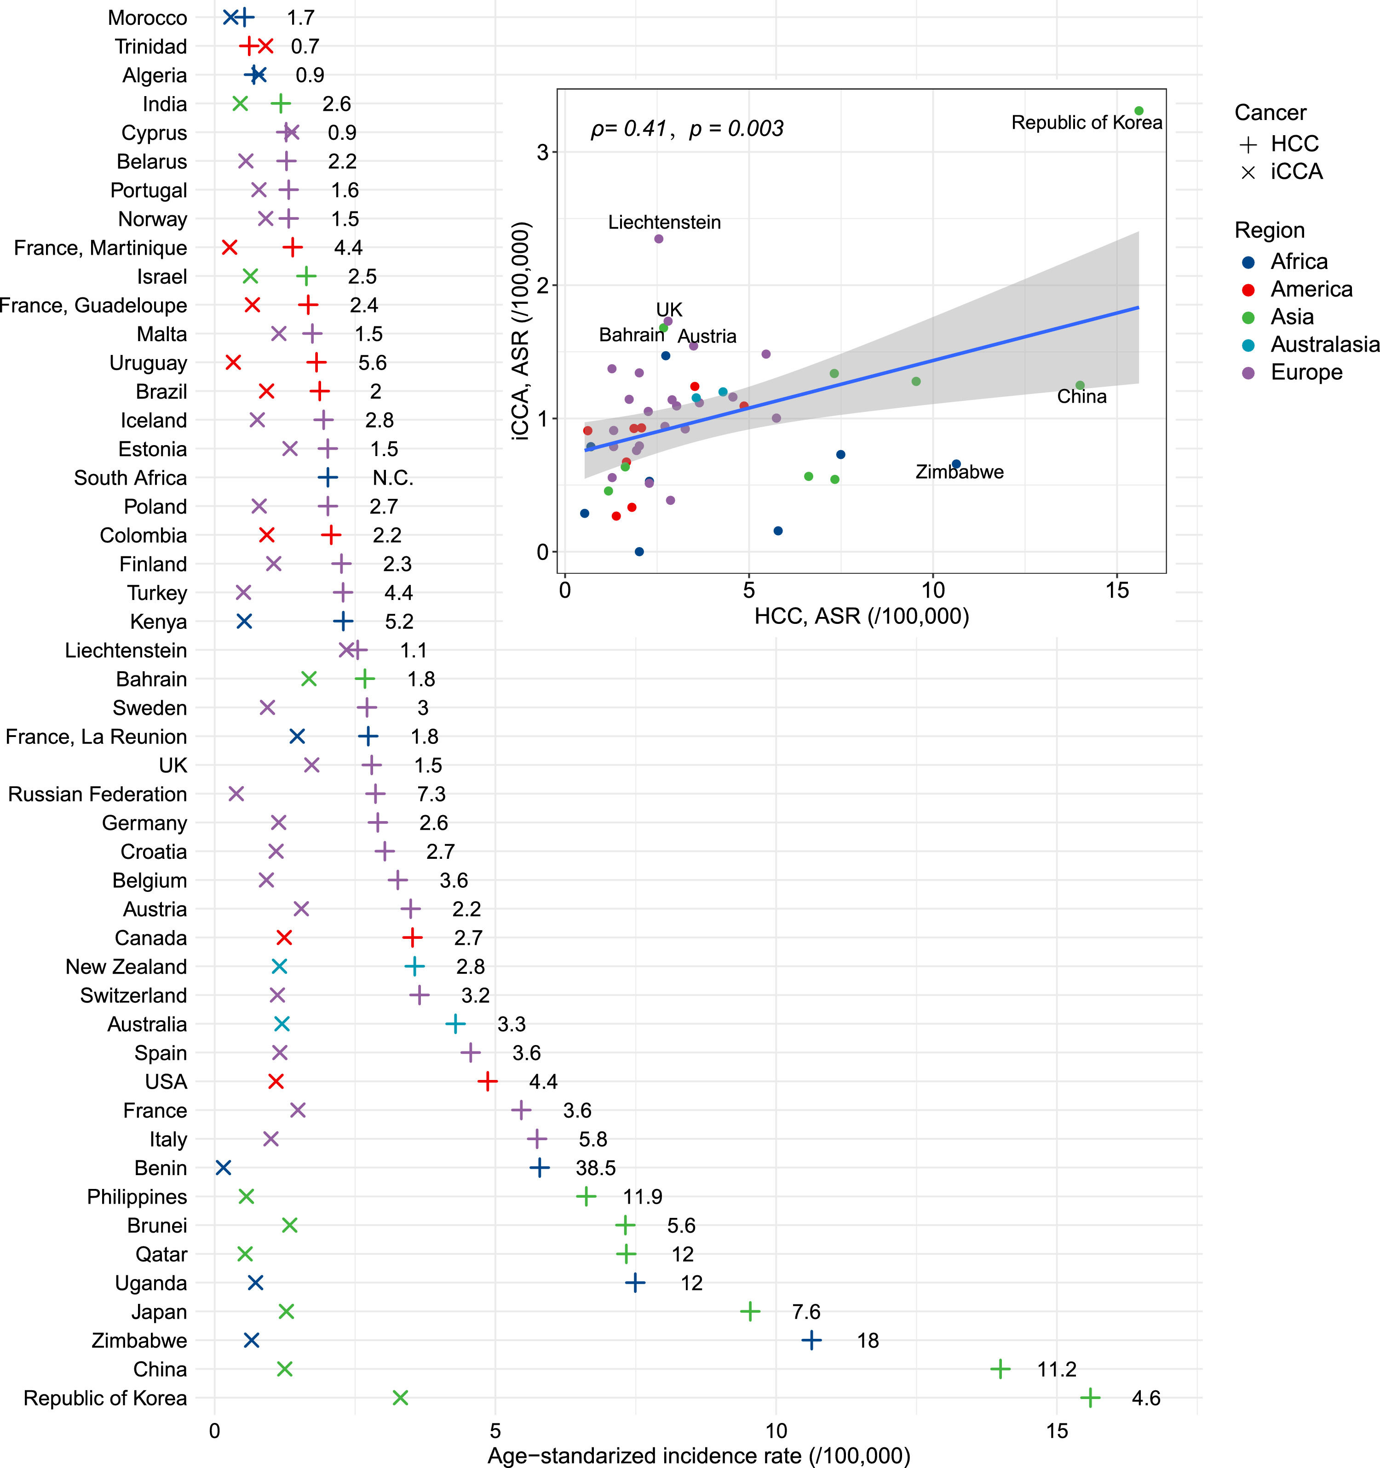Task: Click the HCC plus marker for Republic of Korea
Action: (x=1090, y=1398)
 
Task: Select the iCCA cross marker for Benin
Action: (x=223, y=1167)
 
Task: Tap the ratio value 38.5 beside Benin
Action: (x=595, y=1167)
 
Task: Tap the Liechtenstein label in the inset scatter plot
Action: (x=664, y=222)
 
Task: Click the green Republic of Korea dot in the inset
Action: (x=1138, y=111)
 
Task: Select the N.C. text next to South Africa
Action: (x=393, y=478)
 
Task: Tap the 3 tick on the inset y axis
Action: (x=542, y=152)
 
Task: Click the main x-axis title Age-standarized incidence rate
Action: (x=698, y=1455)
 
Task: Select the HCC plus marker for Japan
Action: (x=750, y=1311)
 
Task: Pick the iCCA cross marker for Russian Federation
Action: (x=236, y=794)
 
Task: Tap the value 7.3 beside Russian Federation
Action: (x=431, y=794)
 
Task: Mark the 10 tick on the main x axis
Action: (x=776, y=1430)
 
